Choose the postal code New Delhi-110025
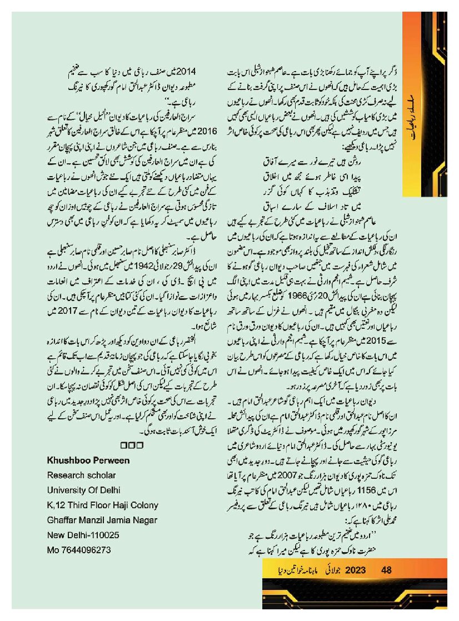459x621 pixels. [x=81, y=535]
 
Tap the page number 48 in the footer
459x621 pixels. [x=387, y=570]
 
